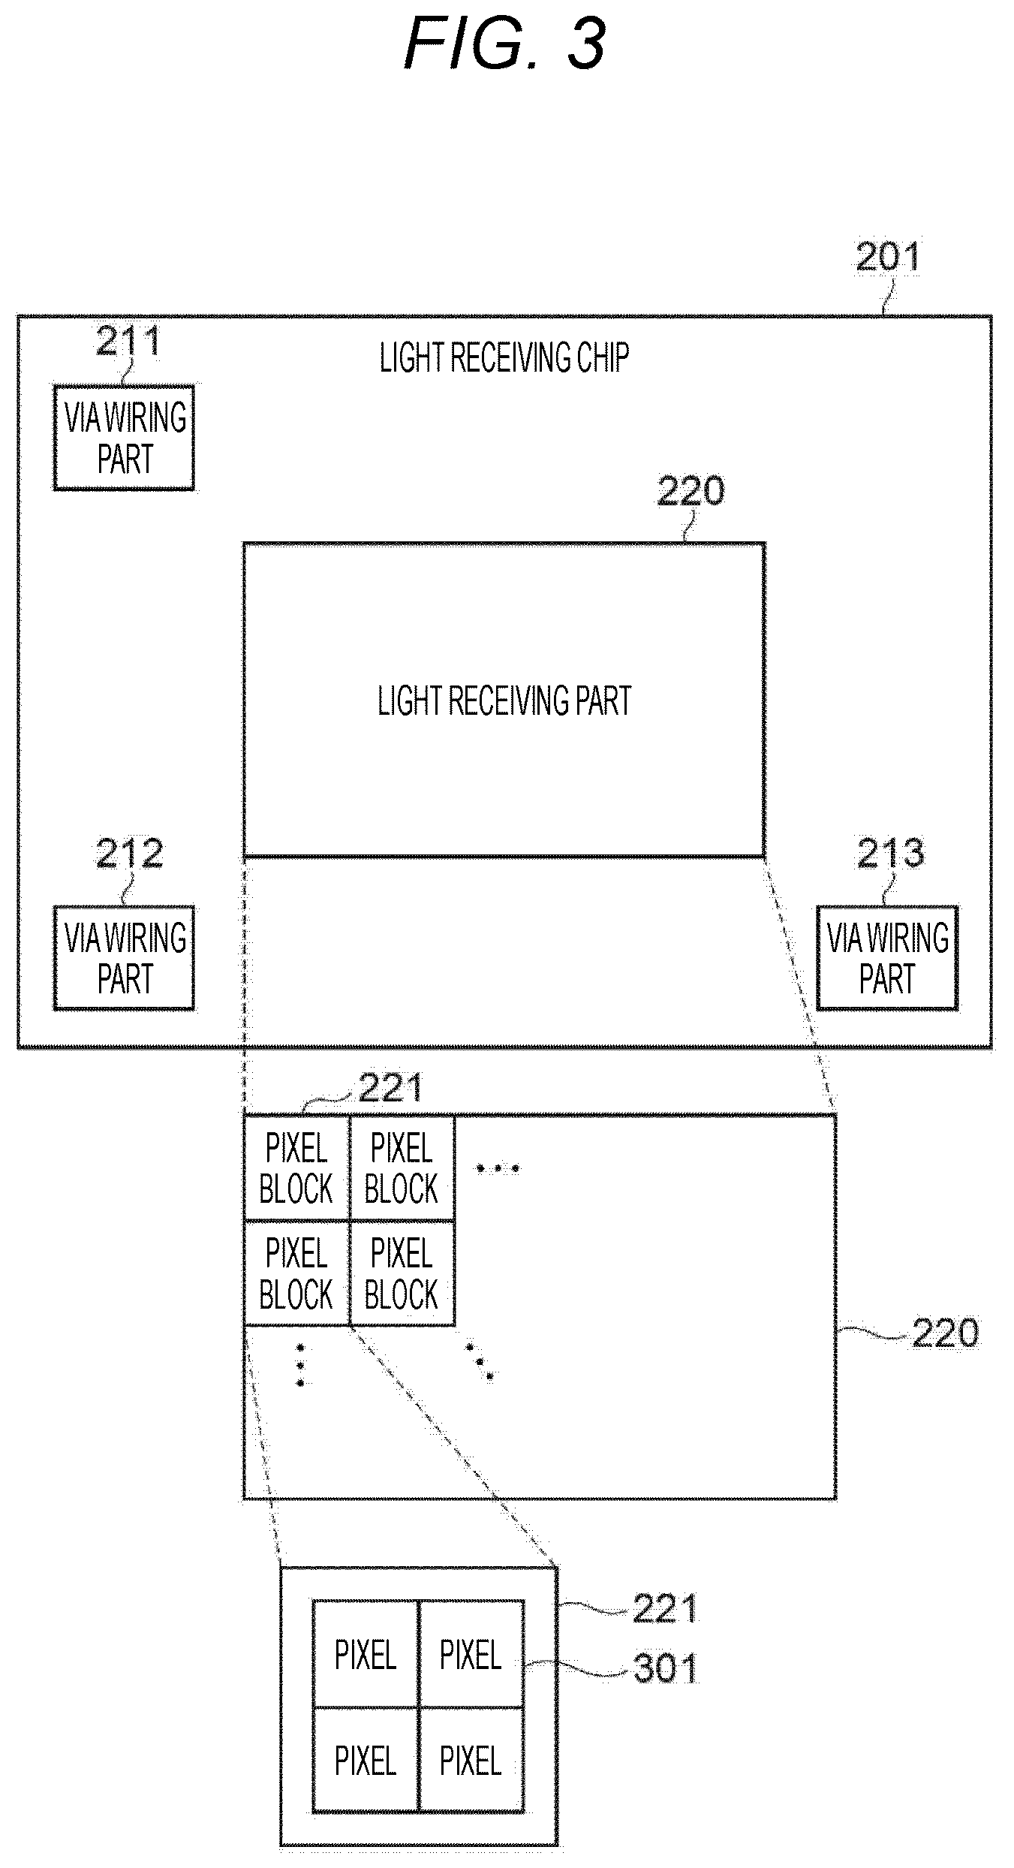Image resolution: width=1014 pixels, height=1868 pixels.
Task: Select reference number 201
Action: pos(888,258)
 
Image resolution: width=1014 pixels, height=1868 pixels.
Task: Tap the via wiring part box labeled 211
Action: pos(124,438)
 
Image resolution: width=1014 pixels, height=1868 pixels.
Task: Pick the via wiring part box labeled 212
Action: pos(124,958)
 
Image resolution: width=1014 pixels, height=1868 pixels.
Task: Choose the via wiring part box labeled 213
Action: pos(887,958)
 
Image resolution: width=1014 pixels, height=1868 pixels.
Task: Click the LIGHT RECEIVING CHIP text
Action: pos(504,358)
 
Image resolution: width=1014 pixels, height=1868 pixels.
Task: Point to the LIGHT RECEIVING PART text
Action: pos(504,701)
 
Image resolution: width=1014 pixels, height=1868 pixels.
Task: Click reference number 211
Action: pos(128,342)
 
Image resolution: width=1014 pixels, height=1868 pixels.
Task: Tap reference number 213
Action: pos(891,854)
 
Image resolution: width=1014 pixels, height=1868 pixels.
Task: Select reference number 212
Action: pos(129,854)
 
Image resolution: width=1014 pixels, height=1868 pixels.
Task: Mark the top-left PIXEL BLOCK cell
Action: pos(296,1168)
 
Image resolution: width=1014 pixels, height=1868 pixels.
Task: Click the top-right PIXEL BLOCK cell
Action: pos(402,1168)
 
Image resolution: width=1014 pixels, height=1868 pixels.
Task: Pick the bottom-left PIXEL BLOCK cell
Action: pos(296,1273)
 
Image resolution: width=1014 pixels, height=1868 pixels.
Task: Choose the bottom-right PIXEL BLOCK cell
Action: pos(402,1273)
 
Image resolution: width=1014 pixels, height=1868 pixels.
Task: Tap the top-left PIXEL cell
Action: pos(366,1656)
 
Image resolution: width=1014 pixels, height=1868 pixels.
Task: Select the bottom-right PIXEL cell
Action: pos(471,1761)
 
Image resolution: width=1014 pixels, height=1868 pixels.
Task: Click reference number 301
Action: pos(666,1669)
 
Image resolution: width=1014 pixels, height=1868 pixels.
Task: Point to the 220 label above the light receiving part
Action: pos(691,491)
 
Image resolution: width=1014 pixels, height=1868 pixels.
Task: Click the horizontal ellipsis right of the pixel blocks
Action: pos(498,1168)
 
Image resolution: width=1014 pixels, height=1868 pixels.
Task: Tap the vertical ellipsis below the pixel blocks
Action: pos(300,1366)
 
